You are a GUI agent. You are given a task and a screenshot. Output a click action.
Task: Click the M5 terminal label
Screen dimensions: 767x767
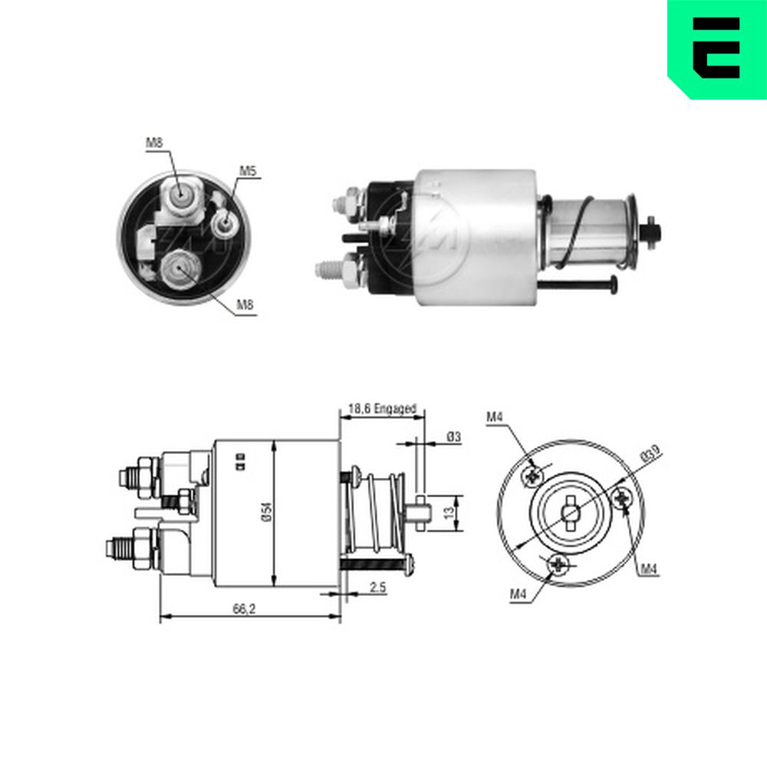[248, 171]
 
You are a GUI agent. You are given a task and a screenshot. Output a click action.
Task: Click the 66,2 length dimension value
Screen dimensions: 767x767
[244, 609]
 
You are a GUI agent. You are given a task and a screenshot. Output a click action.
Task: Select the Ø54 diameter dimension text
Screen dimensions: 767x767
[267, 512]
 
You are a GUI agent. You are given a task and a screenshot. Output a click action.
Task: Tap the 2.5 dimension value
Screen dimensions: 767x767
[377, 587]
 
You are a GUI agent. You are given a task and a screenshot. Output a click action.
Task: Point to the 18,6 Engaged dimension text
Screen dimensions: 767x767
[382, 408]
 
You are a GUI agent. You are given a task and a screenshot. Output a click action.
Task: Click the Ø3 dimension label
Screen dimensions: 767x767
[453, 437]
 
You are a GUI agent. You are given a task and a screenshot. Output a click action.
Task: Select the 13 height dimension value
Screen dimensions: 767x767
[449, 512]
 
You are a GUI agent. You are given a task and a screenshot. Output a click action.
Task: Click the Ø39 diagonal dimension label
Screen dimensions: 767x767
[650, 453]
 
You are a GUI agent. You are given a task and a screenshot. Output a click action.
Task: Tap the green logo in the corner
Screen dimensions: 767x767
[717, 49]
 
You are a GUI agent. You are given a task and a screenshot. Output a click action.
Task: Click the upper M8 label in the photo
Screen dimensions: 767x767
[154, 143]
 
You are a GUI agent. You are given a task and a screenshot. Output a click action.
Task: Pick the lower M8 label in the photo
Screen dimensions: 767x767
[245, 304]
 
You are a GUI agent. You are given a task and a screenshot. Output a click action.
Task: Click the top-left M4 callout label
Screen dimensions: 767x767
[495, 416]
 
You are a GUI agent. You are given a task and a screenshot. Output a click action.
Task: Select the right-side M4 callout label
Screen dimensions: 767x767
[649, 568]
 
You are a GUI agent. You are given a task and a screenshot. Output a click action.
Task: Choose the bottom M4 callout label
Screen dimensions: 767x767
[518, 594]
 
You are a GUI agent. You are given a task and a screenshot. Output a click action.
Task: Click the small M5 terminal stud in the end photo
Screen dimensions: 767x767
[225, 222]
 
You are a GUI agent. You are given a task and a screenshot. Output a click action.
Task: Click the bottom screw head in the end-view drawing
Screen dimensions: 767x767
[558, 565]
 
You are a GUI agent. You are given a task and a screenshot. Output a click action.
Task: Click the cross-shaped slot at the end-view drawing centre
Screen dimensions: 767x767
[571, 513]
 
